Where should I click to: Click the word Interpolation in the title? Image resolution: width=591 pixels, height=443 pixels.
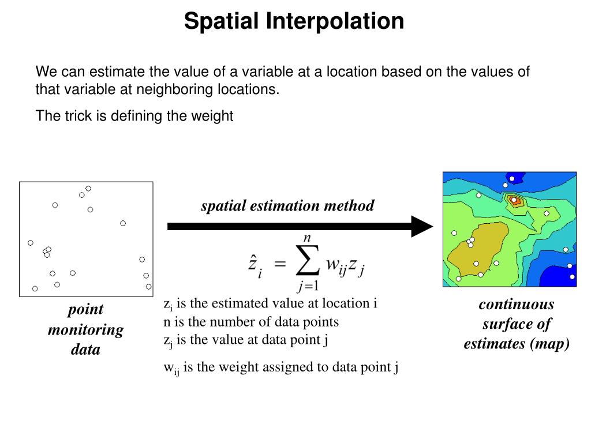(335, 21)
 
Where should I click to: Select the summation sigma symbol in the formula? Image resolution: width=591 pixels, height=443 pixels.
(307, 263)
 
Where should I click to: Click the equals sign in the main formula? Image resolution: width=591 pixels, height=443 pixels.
(279, 264)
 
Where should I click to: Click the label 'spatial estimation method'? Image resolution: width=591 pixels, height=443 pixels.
(287, 205)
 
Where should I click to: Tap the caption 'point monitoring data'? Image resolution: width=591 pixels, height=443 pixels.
(85, 329)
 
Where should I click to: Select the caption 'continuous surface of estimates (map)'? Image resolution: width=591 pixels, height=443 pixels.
(516, 324)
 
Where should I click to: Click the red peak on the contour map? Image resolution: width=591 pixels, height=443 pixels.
(515, 201)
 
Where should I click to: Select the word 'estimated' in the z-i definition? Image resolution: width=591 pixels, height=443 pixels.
(230, 303)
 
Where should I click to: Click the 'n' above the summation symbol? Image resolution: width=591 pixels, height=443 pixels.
(308, 237)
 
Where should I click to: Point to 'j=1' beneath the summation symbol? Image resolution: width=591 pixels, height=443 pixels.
(308, 285)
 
